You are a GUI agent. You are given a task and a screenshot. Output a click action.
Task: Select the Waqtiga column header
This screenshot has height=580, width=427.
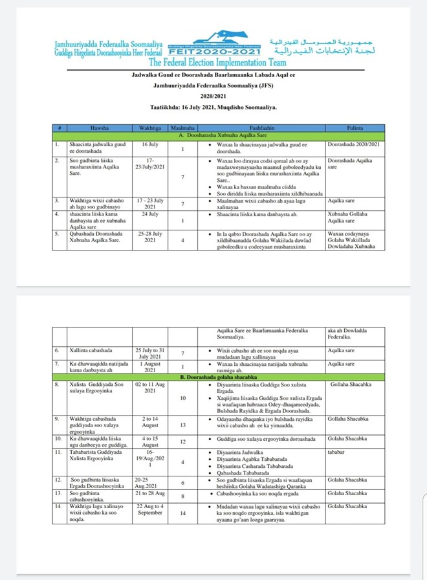150,128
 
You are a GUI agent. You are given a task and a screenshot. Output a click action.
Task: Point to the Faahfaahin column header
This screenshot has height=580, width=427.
259,128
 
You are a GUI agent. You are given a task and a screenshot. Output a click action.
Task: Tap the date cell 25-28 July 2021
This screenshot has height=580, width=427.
150,236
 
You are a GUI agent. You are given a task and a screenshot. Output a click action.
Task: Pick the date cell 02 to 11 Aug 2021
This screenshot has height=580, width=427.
150,388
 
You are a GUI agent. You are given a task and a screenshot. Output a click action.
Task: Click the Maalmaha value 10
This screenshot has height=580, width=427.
183,398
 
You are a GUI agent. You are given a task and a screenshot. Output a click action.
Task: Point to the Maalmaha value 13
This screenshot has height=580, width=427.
183,425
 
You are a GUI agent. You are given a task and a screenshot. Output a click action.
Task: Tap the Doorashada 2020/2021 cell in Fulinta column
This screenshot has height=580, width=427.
353,143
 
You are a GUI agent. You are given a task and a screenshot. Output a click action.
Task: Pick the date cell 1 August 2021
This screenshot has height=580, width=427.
150,367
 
